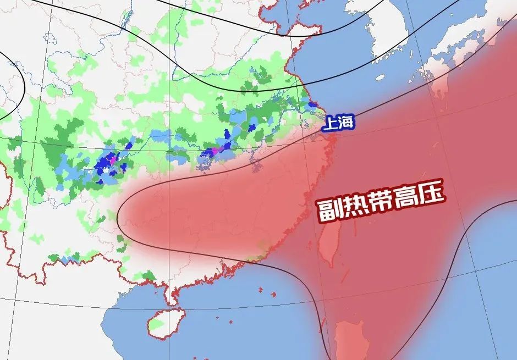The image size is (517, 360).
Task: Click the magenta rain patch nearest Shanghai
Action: click(x=216, y=149)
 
